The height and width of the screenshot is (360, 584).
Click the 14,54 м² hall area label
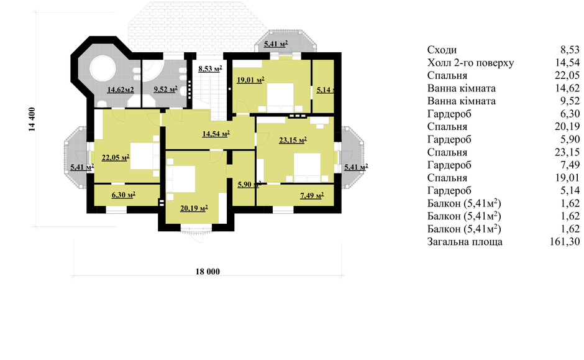(216, 134)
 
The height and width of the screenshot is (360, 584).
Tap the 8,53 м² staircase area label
(210, 69)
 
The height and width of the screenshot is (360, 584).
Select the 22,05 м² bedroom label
(116, 157)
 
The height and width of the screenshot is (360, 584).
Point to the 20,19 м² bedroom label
(194, 208)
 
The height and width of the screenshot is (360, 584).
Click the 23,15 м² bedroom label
(293, 140)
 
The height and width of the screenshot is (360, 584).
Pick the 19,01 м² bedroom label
(250, 80)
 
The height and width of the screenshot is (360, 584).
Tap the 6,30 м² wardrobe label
(123, 195)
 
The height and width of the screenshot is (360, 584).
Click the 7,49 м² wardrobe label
(312, 195)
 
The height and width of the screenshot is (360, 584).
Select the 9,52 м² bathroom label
(165, 90)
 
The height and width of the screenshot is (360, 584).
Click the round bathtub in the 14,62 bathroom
(103, 68)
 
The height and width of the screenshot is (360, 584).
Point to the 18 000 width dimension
(208, 272)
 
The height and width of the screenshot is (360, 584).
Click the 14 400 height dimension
(32, 119)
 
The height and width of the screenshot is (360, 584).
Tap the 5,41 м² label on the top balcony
(276, 44)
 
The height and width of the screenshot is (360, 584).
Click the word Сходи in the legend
(442, 50)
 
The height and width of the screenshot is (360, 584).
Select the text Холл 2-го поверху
(470, 63)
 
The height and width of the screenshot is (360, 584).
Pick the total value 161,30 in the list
(565, 242)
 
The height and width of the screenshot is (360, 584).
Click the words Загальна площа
(465, 242)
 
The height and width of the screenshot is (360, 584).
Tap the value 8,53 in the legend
(570, 50)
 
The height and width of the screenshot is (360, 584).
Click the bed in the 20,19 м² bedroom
(181, 180)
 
